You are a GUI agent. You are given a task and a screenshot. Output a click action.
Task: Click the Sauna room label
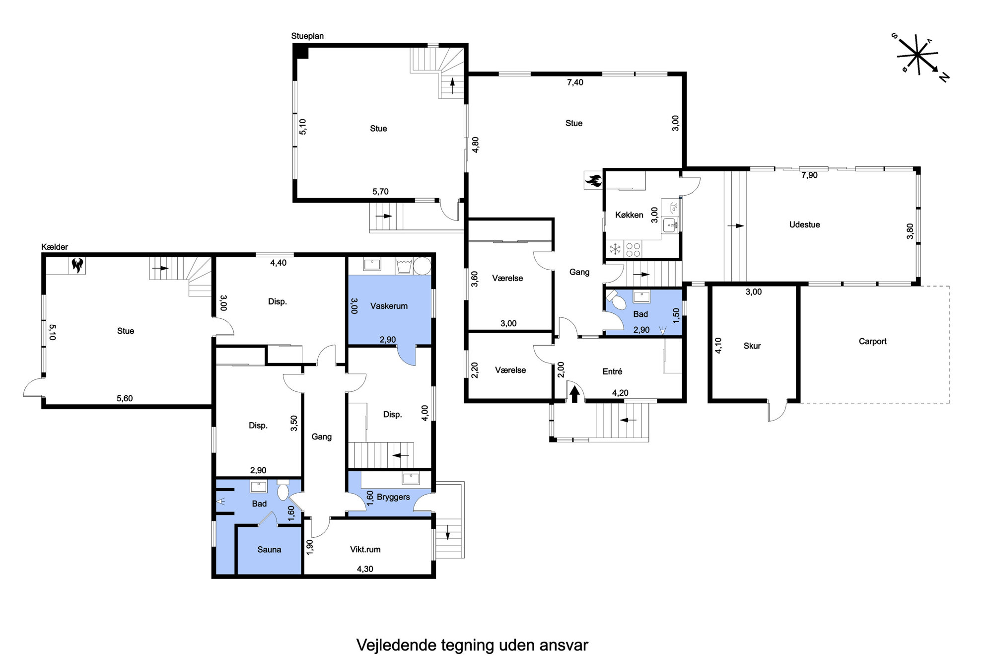click(x=269, y=549)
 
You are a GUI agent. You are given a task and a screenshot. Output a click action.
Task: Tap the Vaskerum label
click(x=389, y=306)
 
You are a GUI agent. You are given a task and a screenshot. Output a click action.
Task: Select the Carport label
click(x=872, y=341)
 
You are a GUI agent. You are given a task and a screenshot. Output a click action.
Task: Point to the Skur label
click(x=752, y=346)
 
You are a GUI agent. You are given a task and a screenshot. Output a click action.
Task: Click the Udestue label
click(x=804, y=224)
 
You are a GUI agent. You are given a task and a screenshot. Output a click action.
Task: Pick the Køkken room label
click(x=629, y=215)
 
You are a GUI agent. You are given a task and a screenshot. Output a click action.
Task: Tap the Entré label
click(x=612, y=371)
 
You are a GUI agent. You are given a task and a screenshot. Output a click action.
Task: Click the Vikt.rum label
click(x=365, y=549)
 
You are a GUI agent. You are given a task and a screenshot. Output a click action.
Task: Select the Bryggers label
click(x=393, y=497)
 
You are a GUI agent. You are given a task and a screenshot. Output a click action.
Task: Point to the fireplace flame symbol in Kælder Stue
click(x=77, y=265)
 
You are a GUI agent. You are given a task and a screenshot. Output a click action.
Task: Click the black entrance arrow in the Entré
click(x=575, y=394)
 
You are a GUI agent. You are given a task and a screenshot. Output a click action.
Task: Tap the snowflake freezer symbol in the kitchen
click(x=615, y=249)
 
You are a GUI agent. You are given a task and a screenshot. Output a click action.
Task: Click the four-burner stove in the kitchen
click(x=633, y=249)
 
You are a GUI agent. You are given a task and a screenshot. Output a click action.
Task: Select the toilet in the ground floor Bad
click(x=616, y=300)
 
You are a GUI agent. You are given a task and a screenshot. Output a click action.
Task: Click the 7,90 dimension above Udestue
click(x=809, y=175)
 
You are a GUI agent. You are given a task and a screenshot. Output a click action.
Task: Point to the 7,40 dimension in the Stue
click(x=575, y=82)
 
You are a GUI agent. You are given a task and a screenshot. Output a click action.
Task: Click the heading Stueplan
click(x=307, y=36)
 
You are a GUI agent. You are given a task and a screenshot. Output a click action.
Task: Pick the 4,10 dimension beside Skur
click(x=718, y=346)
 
